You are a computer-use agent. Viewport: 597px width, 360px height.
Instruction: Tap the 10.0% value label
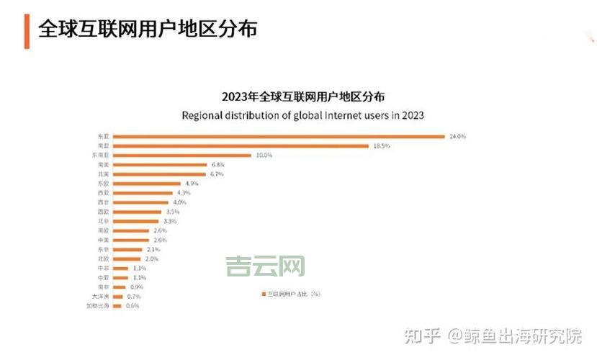(264, 156)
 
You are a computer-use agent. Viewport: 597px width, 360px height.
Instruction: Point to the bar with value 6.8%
(161, 165)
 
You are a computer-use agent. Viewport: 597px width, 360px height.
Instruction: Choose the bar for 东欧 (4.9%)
(148, 184)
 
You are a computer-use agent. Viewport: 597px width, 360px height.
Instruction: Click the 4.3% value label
(184, 193)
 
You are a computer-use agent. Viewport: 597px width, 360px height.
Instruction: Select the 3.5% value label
(173, 212)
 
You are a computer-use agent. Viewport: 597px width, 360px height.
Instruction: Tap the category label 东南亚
(100, 156)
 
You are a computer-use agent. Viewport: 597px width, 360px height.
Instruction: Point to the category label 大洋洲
(99, 296)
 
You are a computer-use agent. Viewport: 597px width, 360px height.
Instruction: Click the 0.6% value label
(133, 306)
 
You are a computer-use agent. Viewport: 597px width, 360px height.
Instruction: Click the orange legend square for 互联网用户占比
(263, 294)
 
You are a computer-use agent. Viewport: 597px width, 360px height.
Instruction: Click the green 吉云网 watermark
(265, 266)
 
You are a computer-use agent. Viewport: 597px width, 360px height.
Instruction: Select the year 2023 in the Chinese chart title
(235, 96)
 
